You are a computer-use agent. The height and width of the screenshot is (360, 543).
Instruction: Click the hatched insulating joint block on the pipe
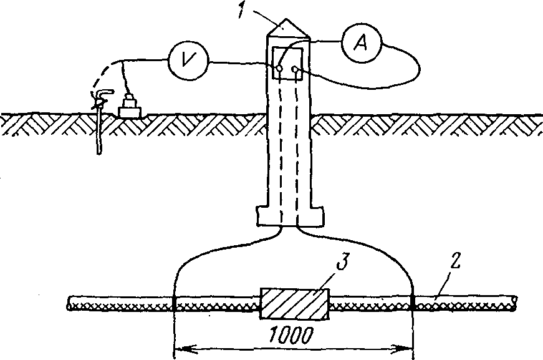293,304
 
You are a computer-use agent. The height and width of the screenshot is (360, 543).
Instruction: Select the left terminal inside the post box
280,69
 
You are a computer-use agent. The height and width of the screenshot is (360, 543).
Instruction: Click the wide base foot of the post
291,216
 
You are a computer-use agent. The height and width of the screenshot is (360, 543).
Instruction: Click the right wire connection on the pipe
413,304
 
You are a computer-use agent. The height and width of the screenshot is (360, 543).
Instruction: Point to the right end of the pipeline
514,302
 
